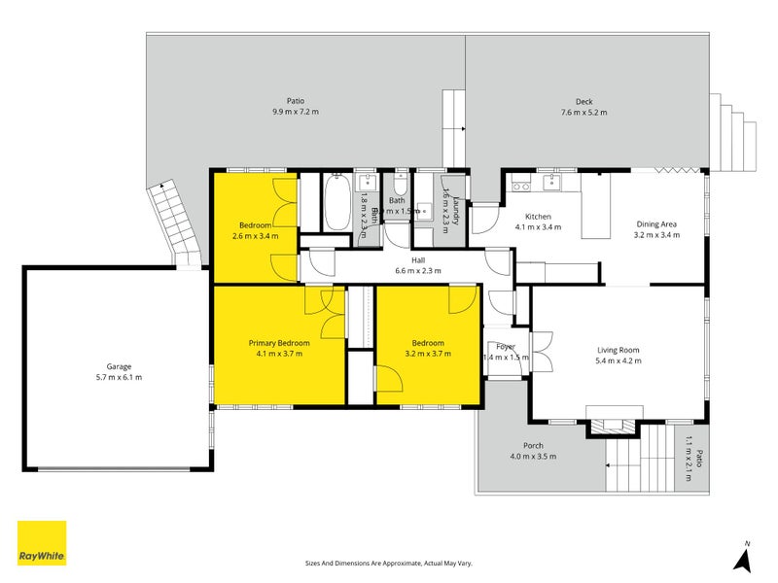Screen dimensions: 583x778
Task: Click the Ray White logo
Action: coord(42,543)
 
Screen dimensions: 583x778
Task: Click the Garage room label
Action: coord(119,366)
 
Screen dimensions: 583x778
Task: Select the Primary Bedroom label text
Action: coord(279,343)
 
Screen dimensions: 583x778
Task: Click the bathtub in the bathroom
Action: coord(336,203)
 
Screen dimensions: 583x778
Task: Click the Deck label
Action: coord(583,102)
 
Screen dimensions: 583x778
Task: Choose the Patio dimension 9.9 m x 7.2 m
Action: coord(296,113)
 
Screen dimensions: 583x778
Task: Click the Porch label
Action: coord(533,446)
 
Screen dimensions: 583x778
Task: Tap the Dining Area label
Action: coord(656,223)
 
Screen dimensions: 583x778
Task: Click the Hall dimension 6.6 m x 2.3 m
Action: coord(417,271)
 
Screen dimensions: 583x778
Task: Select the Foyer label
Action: coord(505,346)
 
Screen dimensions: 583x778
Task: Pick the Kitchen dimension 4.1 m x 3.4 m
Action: coord(538,227)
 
